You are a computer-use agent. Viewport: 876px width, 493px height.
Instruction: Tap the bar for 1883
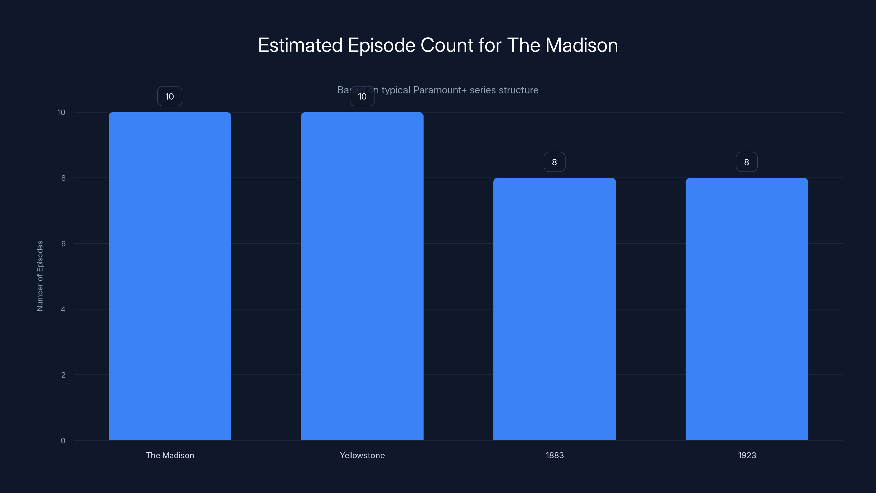click(x=554, y=309)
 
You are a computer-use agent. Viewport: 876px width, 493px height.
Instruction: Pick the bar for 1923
click(x=747, y=309)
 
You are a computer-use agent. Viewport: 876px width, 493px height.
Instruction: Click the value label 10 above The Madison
click(x=170, y=96)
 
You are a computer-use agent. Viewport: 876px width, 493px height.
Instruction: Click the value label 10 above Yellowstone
click(x=362, y=96)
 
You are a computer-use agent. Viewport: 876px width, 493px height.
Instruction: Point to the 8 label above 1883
click(x=554, y=162)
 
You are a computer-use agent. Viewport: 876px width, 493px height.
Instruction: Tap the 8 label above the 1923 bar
click(x=747, y=162)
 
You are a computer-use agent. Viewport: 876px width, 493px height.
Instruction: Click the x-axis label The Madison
click(x=170, y=455)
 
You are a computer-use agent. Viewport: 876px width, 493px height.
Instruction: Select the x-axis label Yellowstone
click(x=362, y=455)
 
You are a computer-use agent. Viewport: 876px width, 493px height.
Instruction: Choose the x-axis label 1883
click(x=555, y=455)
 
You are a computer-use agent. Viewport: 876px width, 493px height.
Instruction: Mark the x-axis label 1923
click(x=747, y=455)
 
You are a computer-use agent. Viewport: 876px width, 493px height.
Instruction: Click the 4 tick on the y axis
click(x=63, y=309)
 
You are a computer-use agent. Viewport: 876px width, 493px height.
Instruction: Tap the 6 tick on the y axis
click(x=63, y=243)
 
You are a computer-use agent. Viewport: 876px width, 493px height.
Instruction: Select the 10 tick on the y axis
click(x=62, y=112)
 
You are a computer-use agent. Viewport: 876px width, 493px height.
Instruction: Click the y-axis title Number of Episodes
click(x=40, y=276)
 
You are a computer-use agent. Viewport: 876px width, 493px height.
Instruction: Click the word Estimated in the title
click(x=300, y=45)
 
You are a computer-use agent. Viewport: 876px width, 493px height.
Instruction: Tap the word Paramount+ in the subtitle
click(x=440, y=90)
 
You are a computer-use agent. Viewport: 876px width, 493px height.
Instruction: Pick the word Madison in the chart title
click(x=581, y=45)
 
